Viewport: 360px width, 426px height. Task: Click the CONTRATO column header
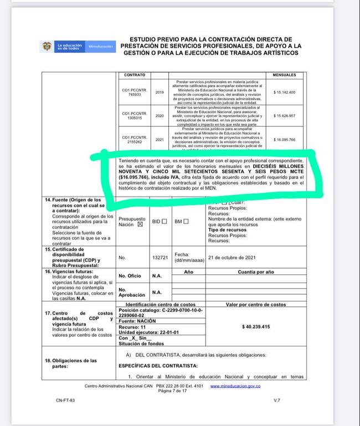pyautogui.click(x=135, y=74)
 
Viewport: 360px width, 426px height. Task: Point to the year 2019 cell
pyautogui.click(x=161, y=92)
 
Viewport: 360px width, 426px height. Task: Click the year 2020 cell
pyautogui.click(x=161, y=115)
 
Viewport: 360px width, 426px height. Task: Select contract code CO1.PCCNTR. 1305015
pyautogui.click(x=135, y=115)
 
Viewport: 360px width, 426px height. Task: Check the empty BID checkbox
pyautogui.click(x=164, y=222)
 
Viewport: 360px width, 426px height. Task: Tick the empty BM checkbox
pyautogui.click(x=186, y=222)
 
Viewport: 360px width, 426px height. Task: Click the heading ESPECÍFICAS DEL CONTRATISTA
pyautogui.click(x=158, y=366)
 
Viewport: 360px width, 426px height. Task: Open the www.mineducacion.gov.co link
pyautogui.click(x=235, y=386)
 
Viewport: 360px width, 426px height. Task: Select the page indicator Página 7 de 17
pyautogui.click(x=173, y=391)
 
